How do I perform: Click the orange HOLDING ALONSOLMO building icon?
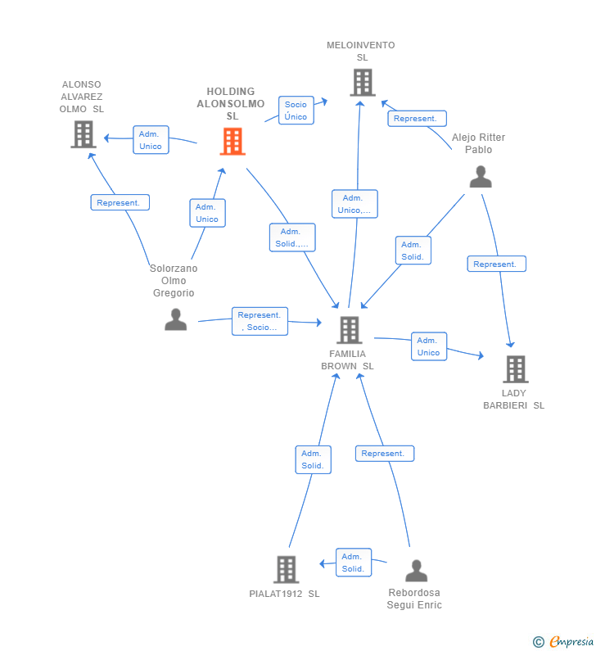(x=233, y=141)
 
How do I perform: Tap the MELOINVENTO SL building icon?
(x=363, y=82)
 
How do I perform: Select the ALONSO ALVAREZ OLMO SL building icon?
(x=84, y=134)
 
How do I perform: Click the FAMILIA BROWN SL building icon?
(x=349, y=330)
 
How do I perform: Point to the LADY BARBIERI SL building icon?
(x=516, y=369)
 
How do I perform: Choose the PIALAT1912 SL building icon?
(x=287, y=570)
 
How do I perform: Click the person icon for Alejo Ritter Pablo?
(x=481, y=176)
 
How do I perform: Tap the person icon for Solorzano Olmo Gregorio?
(x=175, y=319)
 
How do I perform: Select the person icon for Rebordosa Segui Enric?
(x=416, y=571)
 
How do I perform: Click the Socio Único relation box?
(x=296, y=111)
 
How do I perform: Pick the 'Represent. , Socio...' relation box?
(x=260, y=321)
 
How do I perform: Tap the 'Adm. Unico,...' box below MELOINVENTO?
(x=354, y=204)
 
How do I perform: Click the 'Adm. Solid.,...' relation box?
(x=292, y=237)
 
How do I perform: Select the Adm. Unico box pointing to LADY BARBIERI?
(x=429, y=346)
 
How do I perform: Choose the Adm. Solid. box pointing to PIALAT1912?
(x=353, y=563)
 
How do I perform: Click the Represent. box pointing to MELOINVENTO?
(x=417, y=118)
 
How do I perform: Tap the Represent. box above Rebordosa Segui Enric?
(x=385, y=454)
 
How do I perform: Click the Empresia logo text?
(x=571, y=641)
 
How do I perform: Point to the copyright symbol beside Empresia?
(x=539, y=642)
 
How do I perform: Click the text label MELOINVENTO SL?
(x=361, y=51)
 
